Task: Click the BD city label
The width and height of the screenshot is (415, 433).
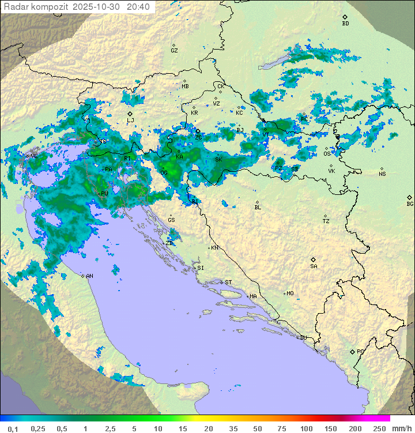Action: tap(345, 24)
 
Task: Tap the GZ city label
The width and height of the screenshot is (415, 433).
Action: tap(174, 51)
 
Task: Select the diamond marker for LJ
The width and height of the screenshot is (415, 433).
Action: tap(130, 114)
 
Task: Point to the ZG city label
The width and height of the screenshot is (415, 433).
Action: tap(198, 138)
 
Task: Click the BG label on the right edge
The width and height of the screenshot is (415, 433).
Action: tap(410, 204)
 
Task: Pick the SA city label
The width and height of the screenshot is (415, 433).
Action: tap(314, 266)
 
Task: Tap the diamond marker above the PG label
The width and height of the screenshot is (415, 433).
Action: tap(352, 351)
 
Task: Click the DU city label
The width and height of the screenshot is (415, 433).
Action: tap(303, 338)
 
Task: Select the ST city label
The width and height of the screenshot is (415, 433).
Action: tap(228, 283)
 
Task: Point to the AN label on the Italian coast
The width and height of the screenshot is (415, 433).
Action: tap(89, 276)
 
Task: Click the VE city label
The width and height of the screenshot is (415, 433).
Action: tap(34, 156)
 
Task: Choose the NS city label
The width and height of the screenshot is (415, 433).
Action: tap(382, 174)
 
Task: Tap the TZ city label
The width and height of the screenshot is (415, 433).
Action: tap(326, 221)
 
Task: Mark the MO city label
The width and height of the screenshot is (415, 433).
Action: tap(290, 293)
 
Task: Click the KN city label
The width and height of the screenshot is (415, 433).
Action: tap(214, 248)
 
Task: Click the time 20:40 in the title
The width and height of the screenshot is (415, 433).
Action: tap(138, 7)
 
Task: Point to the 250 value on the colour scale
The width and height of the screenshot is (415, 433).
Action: tap(379, 428)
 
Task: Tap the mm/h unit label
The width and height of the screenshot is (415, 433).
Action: tap(400, 428)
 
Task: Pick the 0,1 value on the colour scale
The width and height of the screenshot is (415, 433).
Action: tap(13, 428)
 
